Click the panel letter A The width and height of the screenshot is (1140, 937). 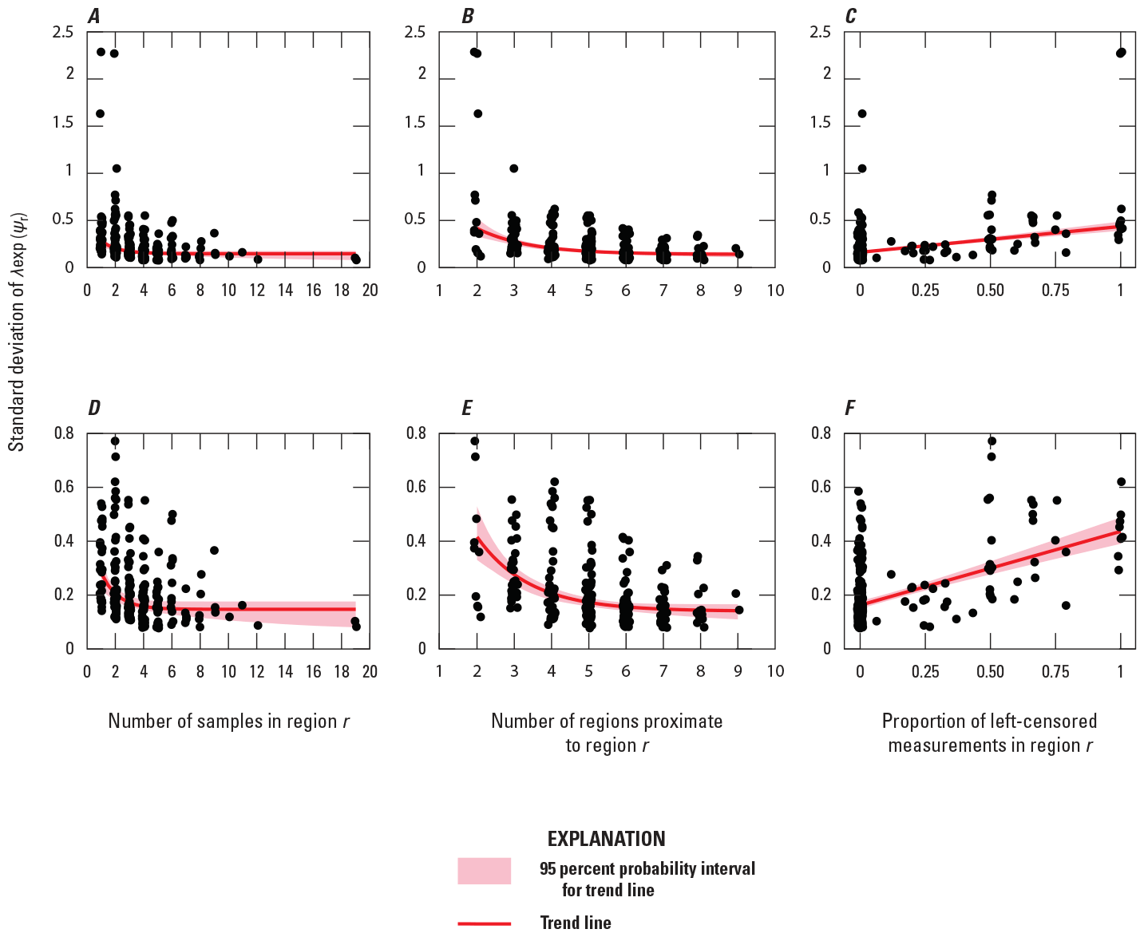click(94, 17)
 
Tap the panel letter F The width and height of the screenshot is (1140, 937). click(849, 409)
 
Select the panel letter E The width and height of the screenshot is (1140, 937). click(467, 409)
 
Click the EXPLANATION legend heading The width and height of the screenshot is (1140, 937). click(606, 839)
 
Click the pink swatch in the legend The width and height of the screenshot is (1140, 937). click(484, 871)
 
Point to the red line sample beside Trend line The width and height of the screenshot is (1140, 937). click(484, 923)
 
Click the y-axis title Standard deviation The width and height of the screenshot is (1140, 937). click(18, 331)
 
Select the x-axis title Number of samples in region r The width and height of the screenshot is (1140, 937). click(229, 722)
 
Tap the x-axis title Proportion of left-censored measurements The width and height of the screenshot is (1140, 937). click(989, 733)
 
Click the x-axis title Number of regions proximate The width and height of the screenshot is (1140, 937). click(607, 733)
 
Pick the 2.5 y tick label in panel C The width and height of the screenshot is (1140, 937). click(820, 32)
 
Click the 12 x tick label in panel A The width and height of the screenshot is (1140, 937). click(257, 291)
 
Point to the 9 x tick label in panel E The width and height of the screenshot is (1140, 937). click(738, 671)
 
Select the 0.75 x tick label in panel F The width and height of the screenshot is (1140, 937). click(1055, 671)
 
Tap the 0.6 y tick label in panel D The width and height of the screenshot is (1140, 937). click(64, 487)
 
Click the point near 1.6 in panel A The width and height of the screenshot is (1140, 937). click(100, 113)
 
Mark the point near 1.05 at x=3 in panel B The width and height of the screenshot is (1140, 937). click(514, 168)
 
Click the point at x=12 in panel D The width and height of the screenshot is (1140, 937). click(258, 625)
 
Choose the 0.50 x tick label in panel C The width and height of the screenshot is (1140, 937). click(990, 291)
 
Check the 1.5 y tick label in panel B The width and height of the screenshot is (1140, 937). click(415, 122)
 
